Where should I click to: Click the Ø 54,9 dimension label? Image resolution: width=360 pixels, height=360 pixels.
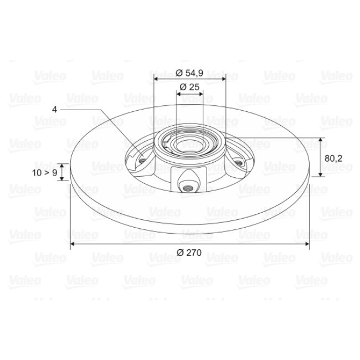tap(189, 73)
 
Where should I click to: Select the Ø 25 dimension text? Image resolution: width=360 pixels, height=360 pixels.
tap(189, 87)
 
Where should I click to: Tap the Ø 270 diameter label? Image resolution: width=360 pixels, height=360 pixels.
tap(189, 253)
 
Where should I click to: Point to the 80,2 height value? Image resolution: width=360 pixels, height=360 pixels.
tap(333, 158)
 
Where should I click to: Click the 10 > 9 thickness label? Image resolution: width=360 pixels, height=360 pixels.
tap(44, 173)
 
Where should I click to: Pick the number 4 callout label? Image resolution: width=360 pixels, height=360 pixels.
tap(54, 109)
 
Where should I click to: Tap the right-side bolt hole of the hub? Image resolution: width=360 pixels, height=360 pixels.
tap(239, 163)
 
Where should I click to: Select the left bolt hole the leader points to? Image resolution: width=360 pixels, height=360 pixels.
tap(142, 160)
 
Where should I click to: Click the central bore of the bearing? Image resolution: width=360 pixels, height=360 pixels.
tap(189, 146)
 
